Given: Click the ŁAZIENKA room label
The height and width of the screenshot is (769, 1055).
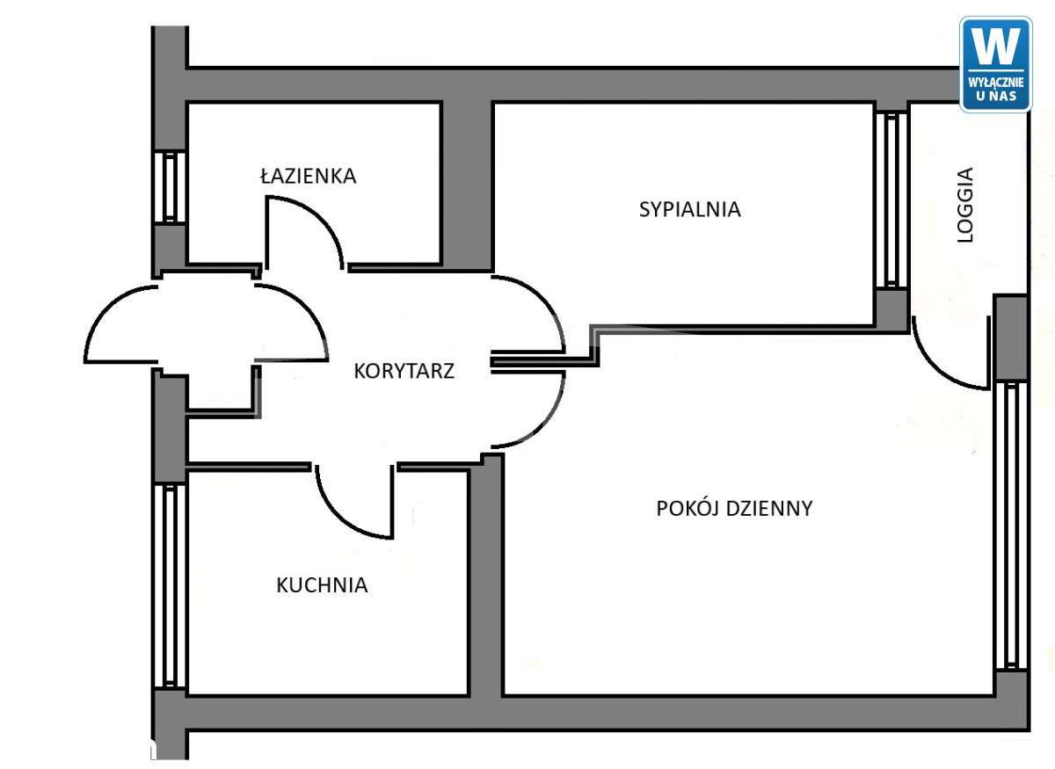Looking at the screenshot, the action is [x=308, y=176].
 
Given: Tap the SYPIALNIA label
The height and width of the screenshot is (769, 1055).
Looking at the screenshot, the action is [x=689, y=209].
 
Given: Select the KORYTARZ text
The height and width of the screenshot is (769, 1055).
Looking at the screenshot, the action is [x=404, y=371].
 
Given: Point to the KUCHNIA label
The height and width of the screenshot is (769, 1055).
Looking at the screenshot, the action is [x=322, y=585].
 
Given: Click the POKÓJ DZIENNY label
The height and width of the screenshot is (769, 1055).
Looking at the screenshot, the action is [x=734, y=508].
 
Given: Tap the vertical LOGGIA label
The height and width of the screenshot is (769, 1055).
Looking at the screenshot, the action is [x=966, y=205].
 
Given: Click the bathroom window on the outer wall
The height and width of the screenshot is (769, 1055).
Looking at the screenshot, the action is [x=169, y=187].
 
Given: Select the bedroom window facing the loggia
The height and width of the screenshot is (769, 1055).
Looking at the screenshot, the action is [x=891, y=200].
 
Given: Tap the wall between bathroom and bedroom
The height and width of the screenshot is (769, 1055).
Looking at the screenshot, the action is [x=466, y=185].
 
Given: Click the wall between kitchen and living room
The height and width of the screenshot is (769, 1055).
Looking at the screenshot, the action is [x=484, y=580].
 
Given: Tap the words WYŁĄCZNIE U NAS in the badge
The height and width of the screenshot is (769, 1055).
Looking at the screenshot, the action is [x=995, y=88].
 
